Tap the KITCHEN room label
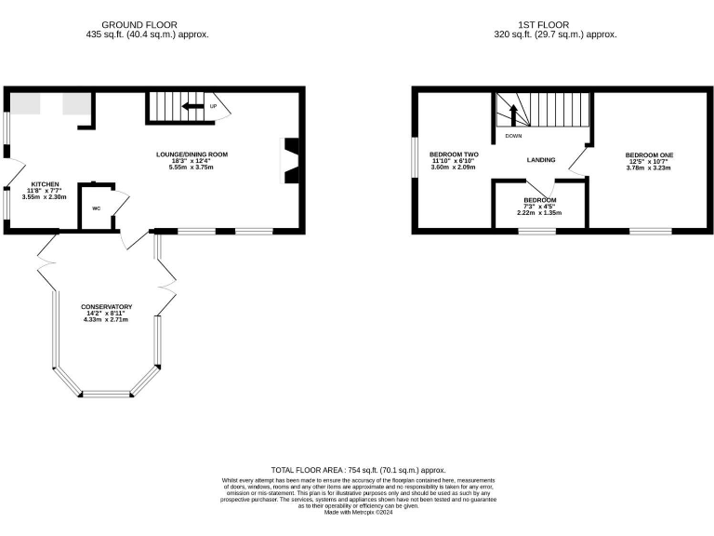pos(46,184)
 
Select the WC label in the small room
pos(96,208)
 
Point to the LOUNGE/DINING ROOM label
pos(191,154)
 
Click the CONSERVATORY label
pos(106,307)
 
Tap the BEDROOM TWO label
pos(453,154)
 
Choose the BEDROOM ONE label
pos(649,155)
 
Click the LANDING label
pos(540,160)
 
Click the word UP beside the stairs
pos(213,106)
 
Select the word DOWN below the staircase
pos(513,136)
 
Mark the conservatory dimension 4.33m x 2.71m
pos(106,320)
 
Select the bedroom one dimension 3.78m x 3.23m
pos(649,168)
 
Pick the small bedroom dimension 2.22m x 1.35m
pos(539,213)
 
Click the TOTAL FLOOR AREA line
pos(358,471)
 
